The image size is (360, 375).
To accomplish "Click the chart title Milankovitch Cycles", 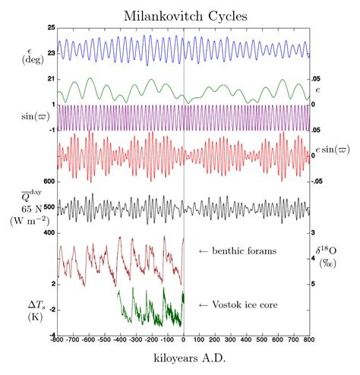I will [x=184, y=15].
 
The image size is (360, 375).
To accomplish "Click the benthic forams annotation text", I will [x=242, y=251].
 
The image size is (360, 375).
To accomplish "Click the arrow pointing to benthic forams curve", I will [x=203, y=251].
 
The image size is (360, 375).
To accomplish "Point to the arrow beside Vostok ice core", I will [x=203, y=304].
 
